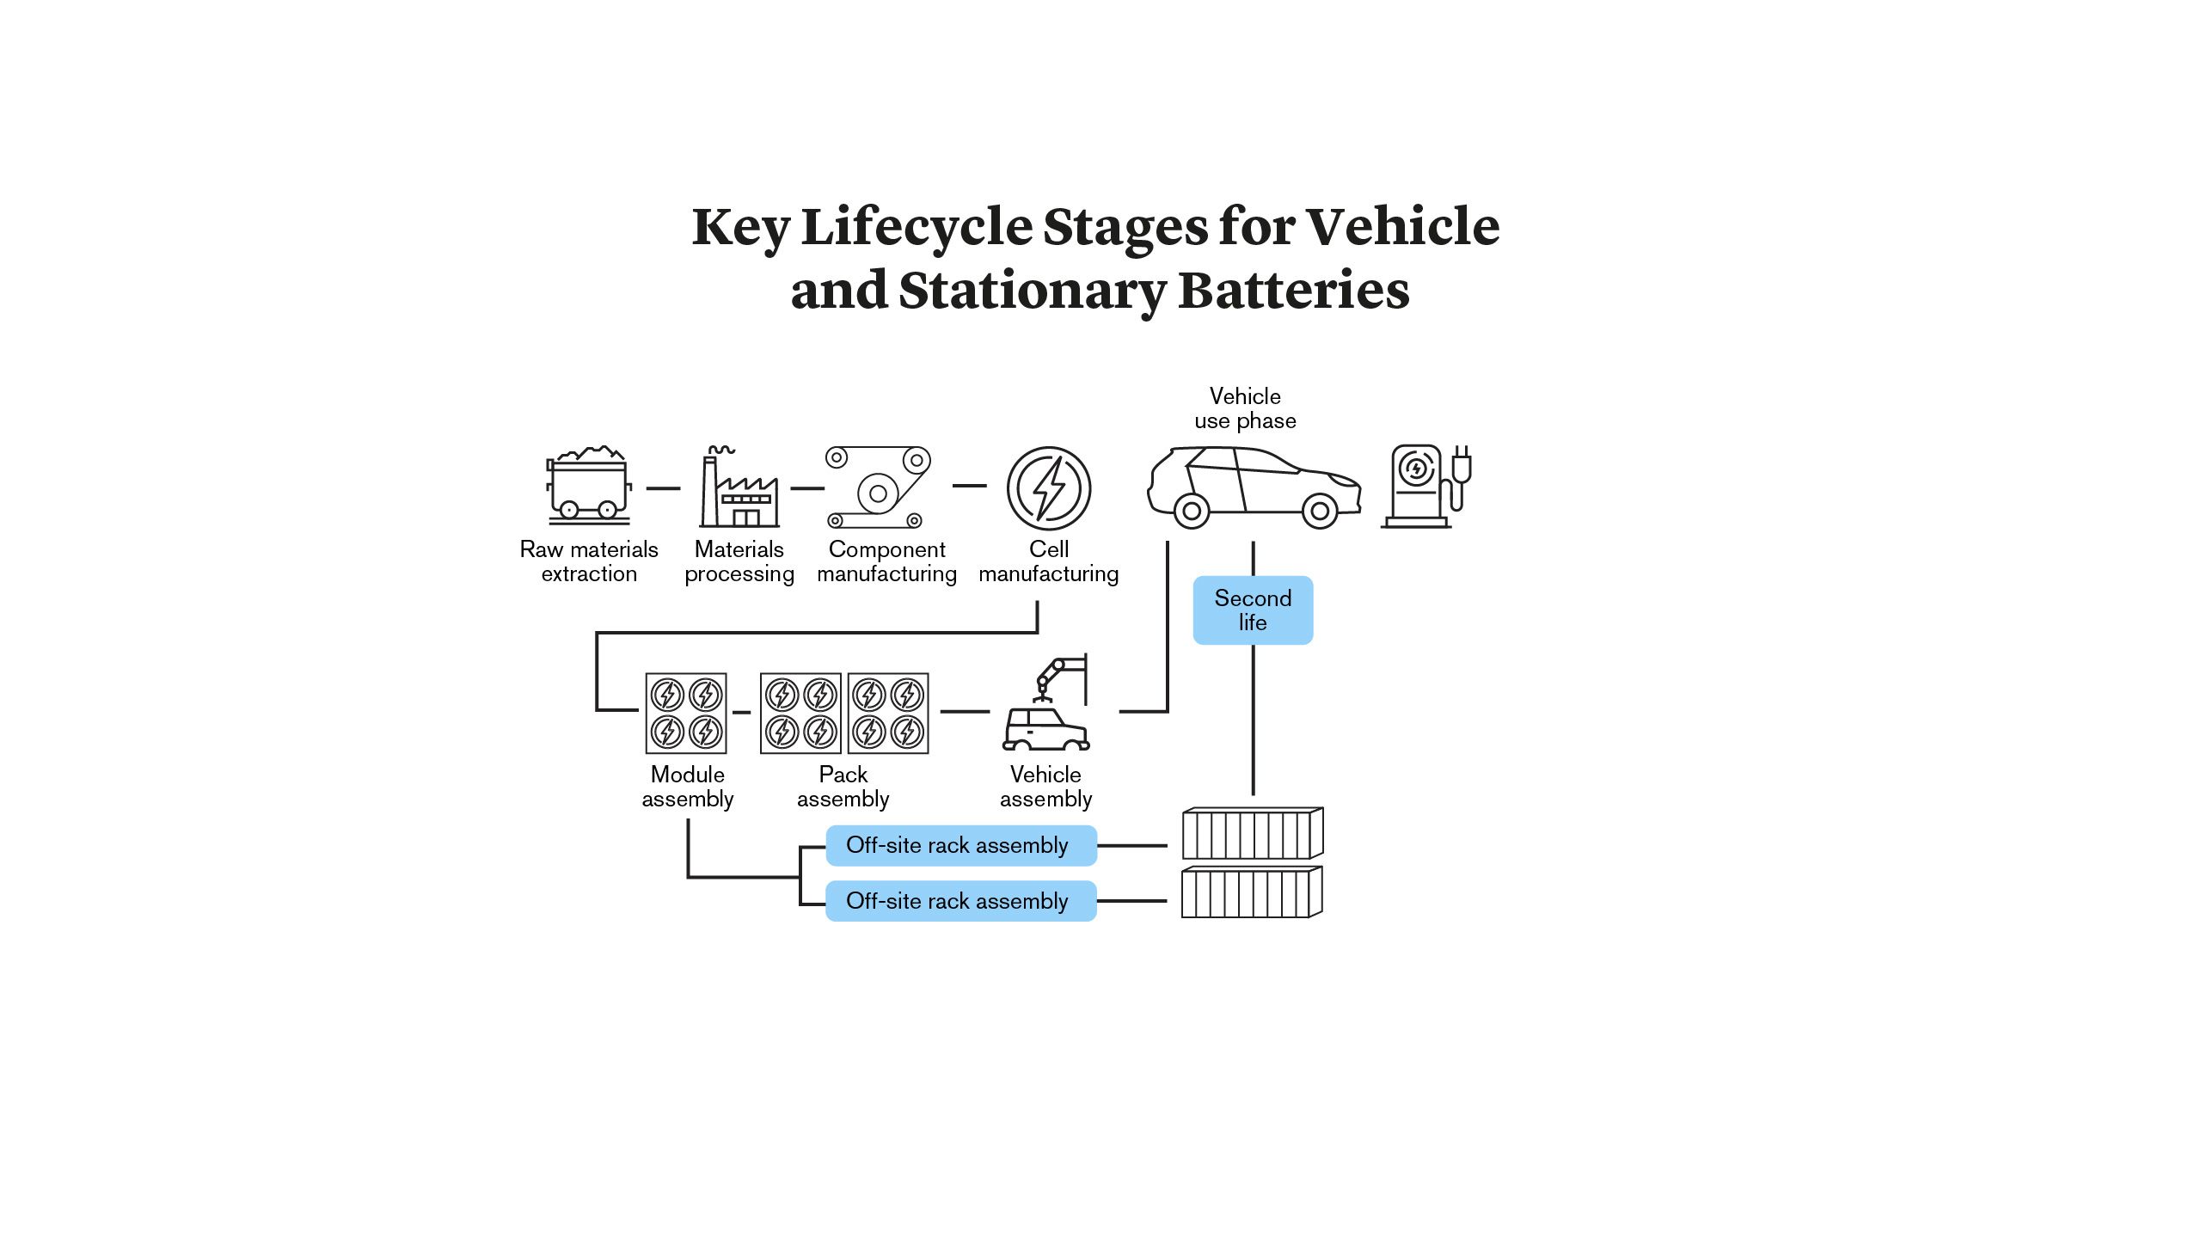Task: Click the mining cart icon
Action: [589, 486]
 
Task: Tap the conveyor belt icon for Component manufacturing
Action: [879, 487]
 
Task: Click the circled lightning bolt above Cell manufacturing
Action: [1049, 487]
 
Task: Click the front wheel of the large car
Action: [1320, 512]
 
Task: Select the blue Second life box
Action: [1253, 610]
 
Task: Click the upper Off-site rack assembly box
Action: [960, 845]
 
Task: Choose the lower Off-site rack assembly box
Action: [960, 901]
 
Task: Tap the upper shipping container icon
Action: [1252, 833]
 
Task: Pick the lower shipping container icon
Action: [1252, 892]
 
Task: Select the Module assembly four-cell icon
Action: [686, 713]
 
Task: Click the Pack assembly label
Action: [843, 787]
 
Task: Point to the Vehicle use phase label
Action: [1245, 408]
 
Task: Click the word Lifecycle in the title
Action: [917, 227]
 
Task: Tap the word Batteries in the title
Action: [1293, 291]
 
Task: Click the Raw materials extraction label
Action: [589, 561]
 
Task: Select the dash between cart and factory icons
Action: [663, 488]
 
